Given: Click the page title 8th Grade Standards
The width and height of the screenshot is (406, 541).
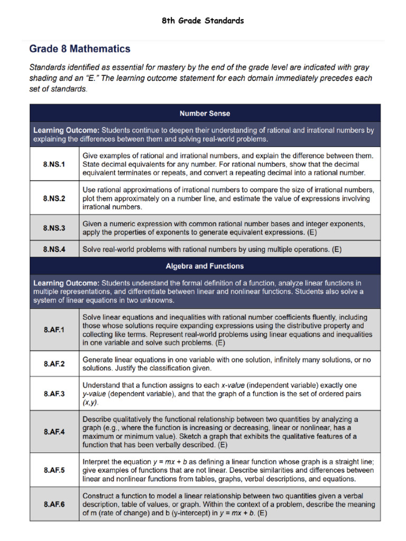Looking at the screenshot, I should click(x=203, y=21).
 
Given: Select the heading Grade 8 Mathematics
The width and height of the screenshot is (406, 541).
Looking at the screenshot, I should click(x=80, y=49).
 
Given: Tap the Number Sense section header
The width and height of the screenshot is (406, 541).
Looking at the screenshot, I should click(x=205, y=114).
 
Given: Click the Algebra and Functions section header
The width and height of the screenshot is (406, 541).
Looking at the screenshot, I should click(x=205, y=266).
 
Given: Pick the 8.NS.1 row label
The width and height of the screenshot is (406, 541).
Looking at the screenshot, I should click(x=54, y=164).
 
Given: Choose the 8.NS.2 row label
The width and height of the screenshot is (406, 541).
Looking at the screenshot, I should click(x=54, y=198).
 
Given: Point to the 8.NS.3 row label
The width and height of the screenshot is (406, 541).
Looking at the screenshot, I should click(x=54, y=228).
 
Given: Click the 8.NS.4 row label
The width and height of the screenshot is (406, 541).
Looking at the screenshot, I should click(x=54, y=249).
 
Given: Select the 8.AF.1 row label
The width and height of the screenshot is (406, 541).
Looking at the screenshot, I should click(x=54, y=330).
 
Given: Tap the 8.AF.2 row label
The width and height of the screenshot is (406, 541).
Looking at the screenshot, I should click(x=54, y=364).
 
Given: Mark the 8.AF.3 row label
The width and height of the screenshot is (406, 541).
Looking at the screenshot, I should click(x=54, y=394).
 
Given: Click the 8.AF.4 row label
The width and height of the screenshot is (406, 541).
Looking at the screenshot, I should click(x=54, y=432).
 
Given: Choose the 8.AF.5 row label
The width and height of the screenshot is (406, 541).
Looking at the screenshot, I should click(x=54, y=470).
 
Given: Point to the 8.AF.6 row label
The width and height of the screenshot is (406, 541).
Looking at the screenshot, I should click(x=54, y=503).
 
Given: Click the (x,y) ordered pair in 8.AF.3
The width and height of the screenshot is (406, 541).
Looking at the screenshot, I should click(x=90, y=403).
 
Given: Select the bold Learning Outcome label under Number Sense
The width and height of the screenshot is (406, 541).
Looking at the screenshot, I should click(x=66, y=130).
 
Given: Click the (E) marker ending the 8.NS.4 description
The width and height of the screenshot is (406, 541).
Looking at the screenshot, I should click(x=336, y=249).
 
